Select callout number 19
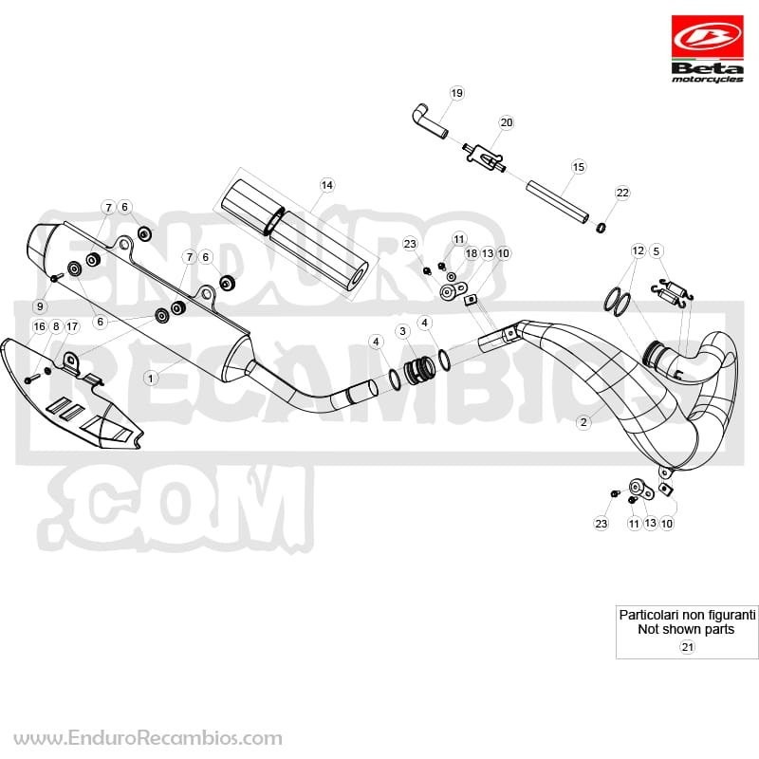456,93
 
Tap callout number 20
507,122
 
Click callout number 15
579,167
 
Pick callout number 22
622,193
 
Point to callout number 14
326,185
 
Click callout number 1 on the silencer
151,378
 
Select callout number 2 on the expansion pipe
583,422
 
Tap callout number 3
402,331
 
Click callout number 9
40,306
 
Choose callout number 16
39,326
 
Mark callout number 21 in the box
687,647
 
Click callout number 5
656,250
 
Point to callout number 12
638,250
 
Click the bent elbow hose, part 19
430,121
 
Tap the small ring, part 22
601,227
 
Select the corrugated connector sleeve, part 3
419,370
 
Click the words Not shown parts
686,629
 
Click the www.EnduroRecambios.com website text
148,738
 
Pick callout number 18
471,253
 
